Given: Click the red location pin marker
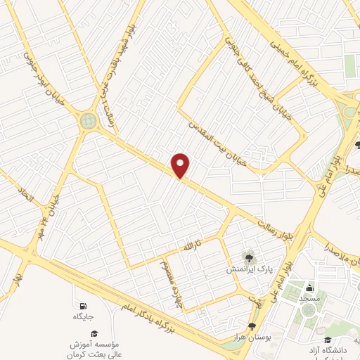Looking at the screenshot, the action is (181, 166).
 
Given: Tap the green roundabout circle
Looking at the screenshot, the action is (89, 121).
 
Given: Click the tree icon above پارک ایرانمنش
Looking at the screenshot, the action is (247, 257).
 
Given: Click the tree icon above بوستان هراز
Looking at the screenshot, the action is (252, 327).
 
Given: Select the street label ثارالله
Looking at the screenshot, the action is (192, 247).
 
